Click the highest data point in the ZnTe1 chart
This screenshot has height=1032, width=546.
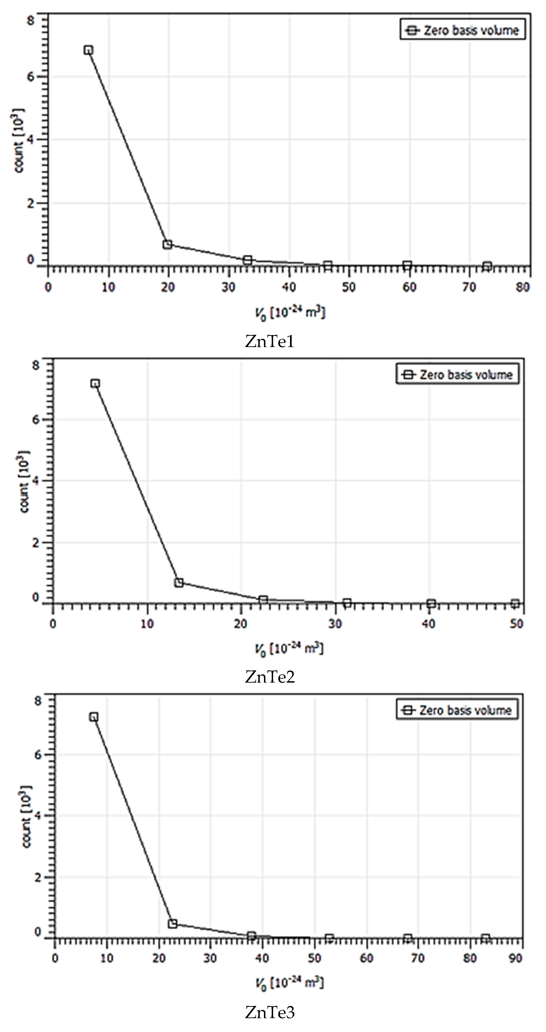[89, 50]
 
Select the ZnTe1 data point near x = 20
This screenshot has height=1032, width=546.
[167, 244]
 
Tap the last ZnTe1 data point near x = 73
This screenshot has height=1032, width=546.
[487, 266]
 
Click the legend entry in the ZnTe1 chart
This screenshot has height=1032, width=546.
[462, 30]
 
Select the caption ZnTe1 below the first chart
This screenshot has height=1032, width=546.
[269, 342]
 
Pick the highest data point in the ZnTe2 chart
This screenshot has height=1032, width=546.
[95, 383]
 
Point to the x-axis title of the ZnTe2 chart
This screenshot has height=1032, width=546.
[289, 649]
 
